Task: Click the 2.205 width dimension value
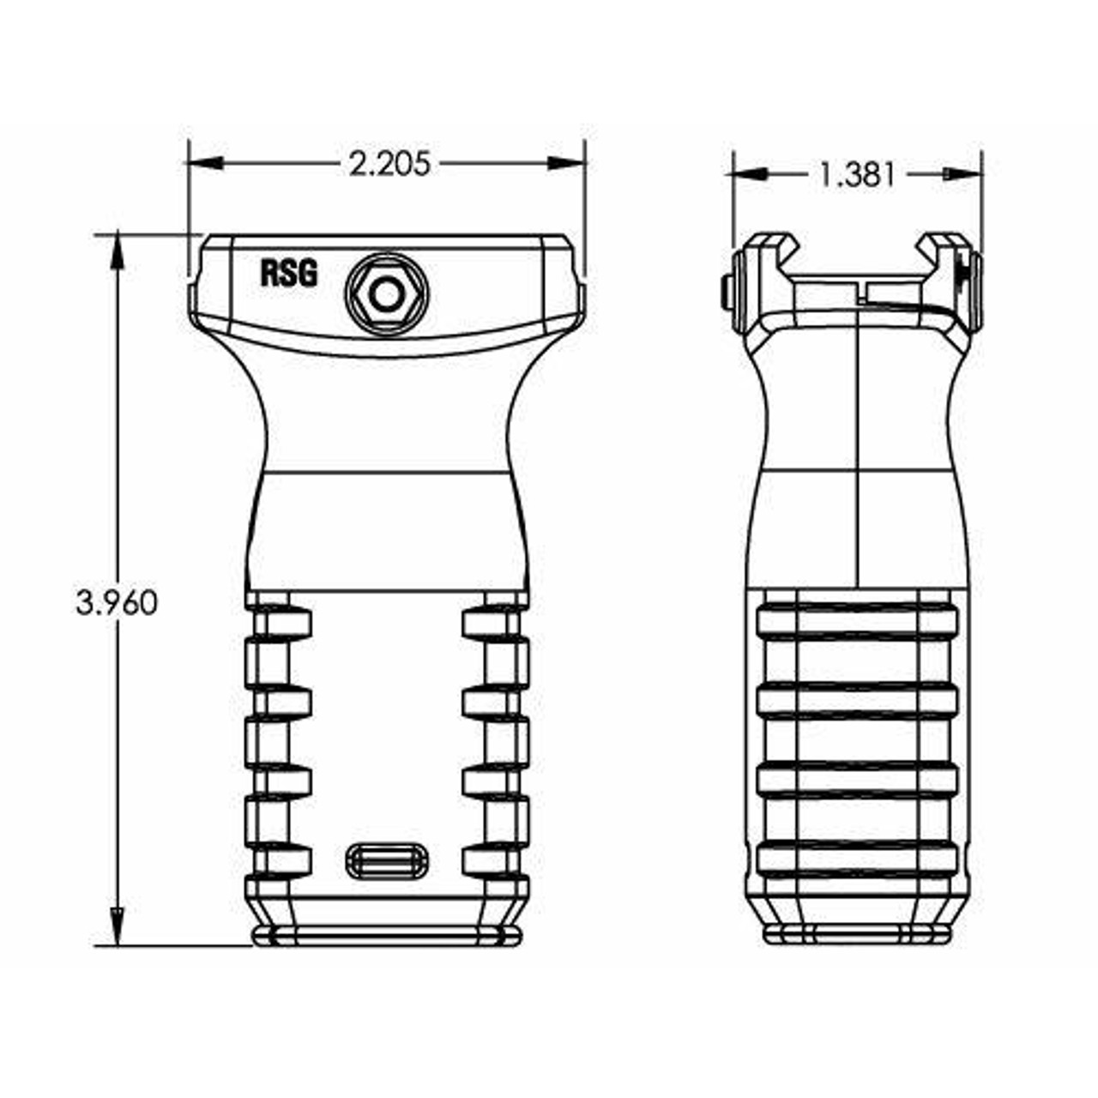389,163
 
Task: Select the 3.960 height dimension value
117,603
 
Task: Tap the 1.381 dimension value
856,175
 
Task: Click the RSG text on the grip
289,274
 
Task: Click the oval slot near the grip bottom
387,860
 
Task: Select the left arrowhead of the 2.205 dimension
206,163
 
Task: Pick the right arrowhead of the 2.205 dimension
566,163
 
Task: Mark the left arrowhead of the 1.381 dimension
749,174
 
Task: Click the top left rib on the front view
279,623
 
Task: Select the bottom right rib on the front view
495,860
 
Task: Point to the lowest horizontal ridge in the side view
856,860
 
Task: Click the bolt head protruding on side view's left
726,292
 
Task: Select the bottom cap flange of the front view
386,936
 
